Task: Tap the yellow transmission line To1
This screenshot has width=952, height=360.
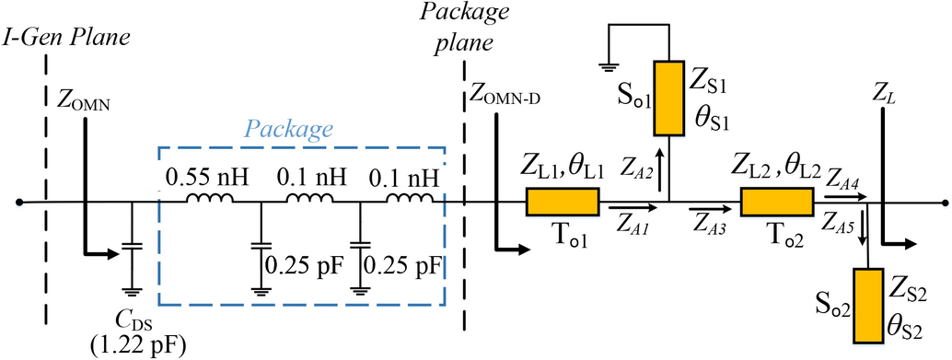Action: tap(563, 202)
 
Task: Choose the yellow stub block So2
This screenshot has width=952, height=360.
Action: tap(868, 304)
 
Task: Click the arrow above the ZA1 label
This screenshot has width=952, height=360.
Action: tap(625, 212)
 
